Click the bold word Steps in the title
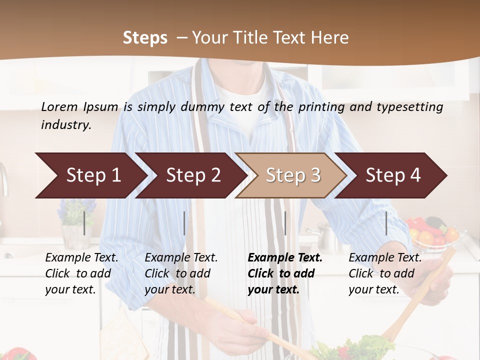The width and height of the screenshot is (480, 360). pos(145,38)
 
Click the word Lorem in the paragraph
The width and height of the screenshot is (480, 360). pos(59,106)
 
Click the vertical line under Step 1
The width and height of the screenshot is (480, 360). pos(84,223)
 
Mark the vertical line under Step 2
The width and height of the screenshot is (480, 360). pos(184,223)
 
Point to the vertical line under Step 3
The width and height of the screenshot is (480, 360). pos(285,223)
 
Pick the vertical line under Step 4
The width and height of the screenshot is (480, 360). pos(386,223)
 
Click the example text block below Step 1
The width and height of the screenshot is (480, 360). pos(81,273)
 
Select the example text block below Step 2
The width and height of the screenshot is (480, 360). pos(181,273)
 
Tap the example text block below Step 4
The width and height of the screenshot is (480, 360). pos(385,273)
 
